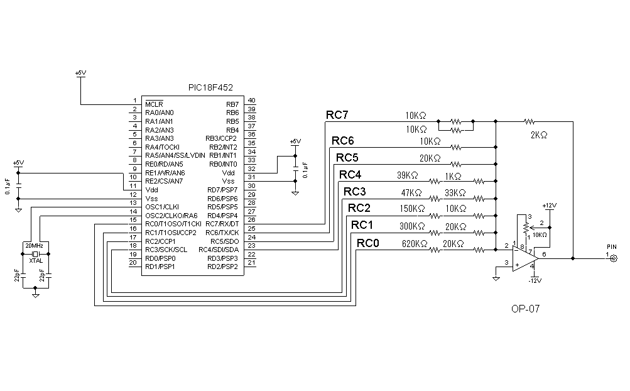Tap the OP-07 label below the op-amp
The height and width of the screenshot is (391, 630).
[526, 309]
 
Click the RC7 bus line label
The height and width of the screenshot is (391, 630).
[337, 115]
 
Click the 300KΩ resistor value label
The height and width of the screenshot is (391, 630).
[412, 226]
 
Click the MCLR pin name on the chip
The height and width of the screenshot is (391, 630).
[154, 104]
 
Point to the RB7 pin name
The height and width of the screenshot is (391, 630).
[232, 104]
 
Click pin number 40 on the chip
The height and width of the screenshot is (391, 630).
[251, 100]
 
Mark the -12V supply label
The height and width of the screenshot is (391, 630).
[534, 280]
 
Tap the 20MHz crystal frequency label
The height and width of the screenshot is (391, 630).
[33, 245]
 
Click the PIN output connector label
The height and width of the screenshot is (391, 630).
[612, 247]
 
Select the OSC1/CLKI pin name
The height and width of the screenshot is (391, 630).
[162, 207]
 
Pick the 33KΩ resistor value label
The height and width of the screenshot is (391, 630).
[455, 192]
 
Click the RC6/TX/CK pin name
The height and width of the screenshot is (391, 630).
[222, 233]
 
